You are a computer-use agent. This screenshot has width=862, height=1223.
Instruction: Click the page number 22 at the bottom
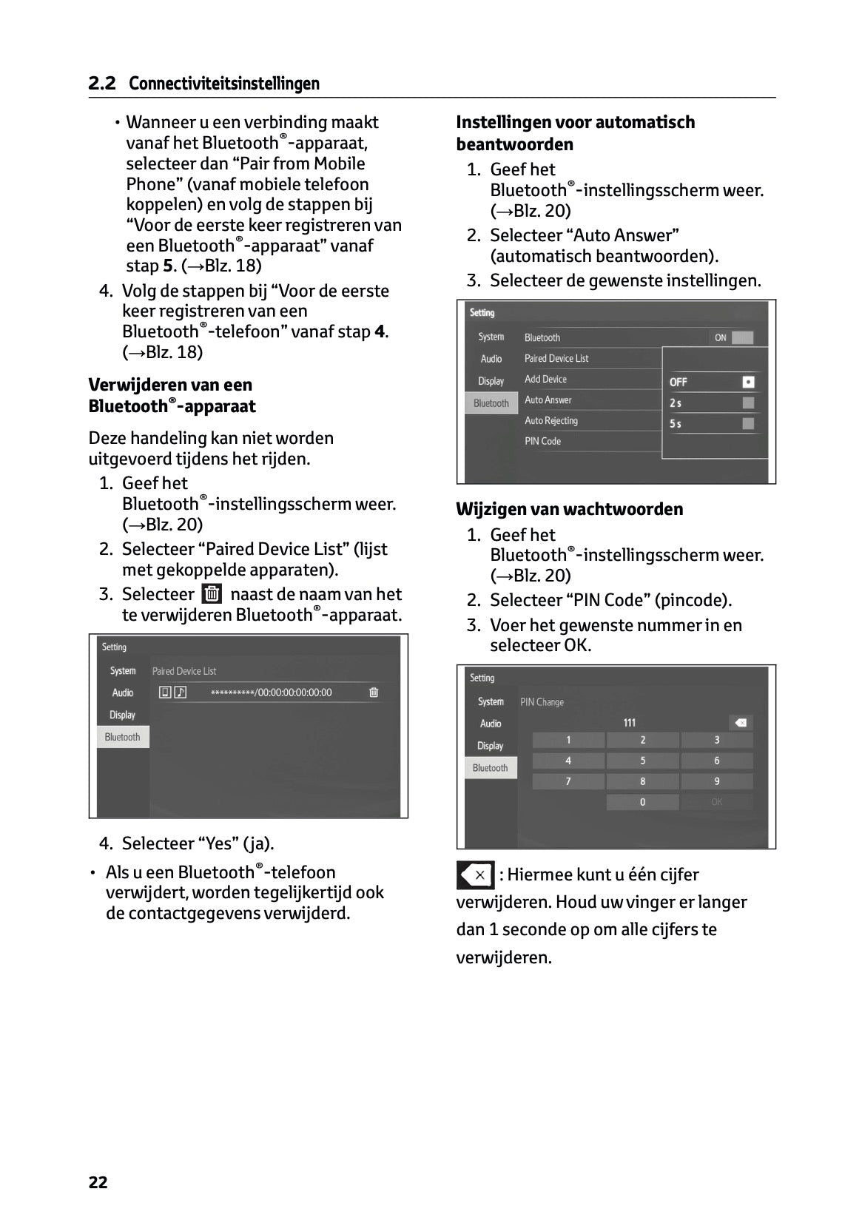(x=98, y=1182)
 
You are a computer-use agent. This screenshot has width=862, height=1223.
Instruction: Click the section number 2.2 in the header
(x=102, y=84)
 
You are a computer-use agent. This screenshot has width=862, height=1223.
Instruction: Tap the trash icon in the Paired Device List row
(x=374, y=693)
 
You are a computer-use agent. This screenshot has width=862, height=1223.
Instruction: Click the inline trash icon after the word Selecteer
(x=212, y=594)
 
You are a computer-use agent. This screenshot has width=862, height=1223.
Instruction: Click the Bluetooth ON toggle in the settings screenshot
(x=733, y=337)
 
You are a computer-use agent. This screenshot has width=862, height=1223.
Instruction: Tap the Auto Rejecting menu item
(x=551, y=420)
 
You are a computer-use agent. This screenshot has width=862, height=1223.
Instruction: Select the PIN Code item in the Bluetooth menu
(x=542, y=441)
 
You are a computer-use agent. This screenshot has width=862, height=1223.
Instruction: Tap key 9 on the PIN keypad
(x=716, y=781)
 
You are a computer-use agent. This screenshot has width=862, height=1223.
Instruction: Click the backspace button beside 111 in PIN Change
(x=740, y=723)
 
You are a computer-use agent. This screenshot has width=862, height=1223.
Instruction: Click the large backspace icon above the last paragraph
(x=475, y=875)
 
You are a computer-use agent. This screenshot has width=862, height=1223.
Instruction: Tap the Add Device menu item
(x=545, y=379)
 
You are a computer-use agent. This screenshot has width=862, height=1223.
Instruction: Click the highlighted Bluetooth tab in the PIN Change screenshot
(x=491, y=768)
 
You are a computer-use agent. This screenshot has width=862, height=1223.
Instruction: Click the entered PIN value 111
(x=630, y=723)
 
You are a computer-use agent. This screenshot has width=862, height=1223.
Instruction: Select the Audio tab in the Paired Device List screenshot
(x=123, y=693)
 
